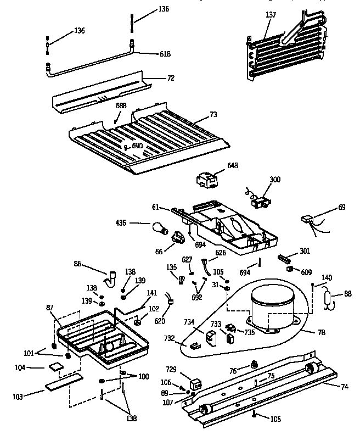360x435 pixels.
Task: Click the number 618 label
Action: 165,54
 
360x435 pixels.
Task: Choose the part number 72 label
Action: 170,79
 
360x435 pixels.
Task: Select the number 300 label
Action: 274,180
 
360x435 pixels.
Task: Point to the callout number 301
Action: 305,251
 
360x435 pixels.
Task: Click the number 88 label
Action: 347,294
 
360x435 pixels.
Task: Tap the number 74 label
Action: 344,386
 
